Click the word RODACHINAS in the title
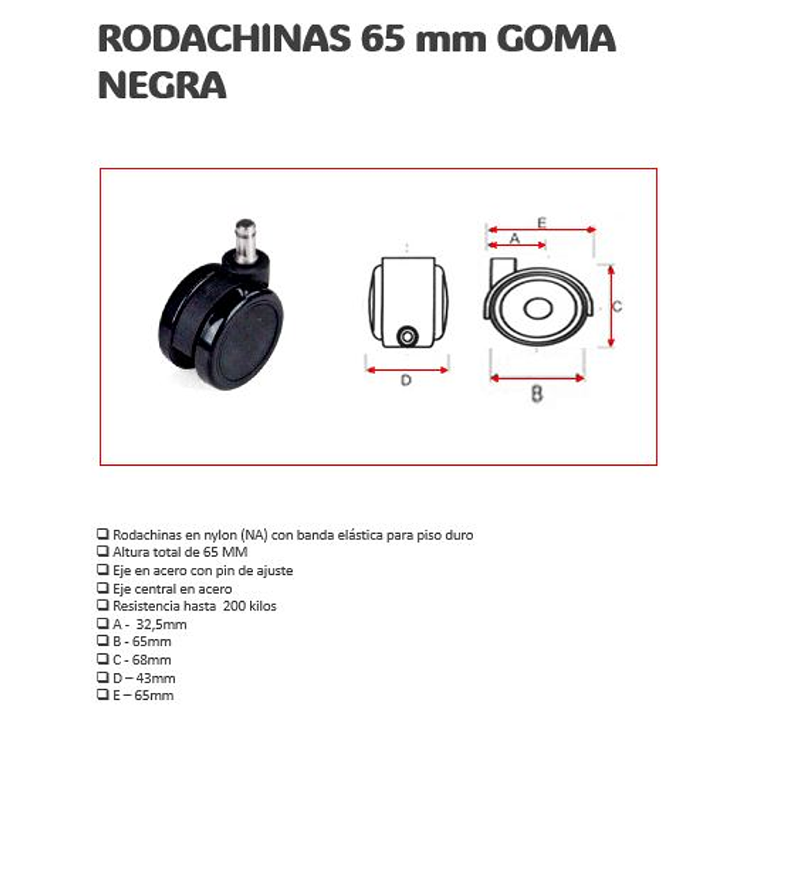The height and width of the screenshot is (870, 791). (x=225, y=39)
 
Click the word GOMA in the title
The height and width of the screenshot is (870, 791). (x=556, y=39)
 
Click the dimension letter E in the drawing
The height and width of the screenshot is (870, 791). (x=542, y=222)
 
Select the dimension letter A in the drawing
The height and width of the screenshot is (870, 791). (x=515, y=238)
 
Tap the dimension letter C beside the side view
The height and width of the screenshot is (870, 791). (x=617, y=306)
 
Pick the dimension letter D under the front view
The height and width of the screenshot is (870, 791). (x=406, y=380)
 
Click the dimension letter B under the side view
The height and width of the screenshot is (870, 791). (x=537, y=393)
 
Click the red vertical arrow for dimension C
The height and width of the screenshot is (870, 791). (x=611, y=306)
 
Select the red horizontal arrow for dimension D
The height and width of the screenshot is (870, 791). (x=407, y=369)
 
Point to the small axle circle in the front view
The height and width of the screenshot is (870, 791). (x=408, y=336)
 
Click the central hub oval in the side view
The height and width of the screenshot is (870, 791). (x=538, y=309)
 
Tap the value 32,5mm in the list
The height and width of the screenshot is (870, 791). (x=161, y=624)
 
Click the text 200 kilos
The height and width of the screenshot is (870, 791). (x=250, y=606)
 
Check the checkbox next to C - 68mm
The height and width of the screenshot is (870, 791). (x=103, y=659)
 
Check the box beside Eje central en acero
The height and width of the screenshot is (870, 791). (x=103, y=588)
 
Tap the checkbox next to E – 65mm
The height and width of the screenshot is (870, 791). (x=103, y=694)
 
